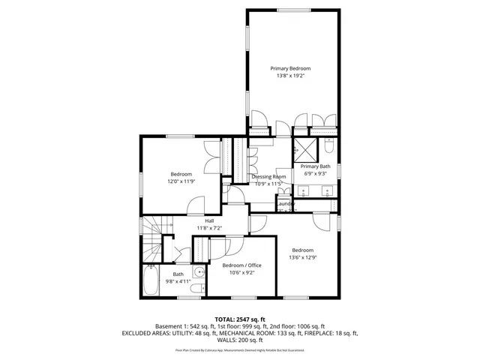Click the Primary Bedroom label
point(290,68)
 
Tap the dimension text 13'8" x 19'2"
point(290,76)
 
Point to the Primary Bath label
point(316,166)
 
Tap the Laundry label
point(286,204)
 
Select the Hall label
point(209,220)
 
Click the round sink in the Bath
point(196,272)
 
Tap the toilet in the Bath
point(196,288)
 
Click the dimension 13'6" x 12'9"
point(302,257)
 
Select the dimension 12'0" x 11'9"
point(181,181)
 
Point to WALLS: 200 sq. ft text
point(239,340)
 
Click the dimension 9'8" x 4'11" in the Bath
point(178,281)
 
